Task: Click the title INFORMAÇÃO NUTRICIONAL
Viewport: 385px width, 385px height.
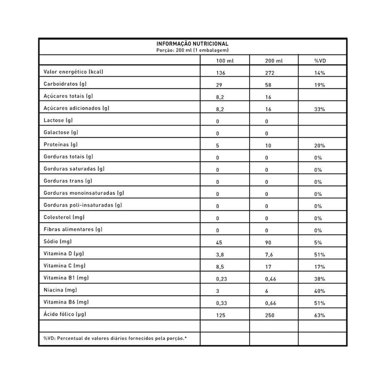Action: (x=193, y=44)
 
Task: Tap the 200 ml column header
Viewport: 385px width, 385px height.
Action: (x=274, y=60)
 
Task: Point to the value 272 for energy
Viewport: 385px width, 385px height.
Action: (x=269, y=73)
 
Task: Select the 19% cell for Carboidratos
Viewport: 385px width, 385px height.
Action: (x=320, y=85)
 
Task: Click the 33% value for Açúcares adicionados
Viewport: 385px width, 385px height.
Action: (x=320, y=109)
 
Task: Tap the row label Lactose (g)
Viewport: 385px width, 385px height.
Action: (x=57, y=120)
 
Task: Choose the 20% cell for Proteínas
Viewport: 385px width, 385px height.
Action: (x=320, y=146)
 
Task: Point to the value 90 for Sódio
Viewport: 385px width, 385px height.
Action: (x=268, y=243)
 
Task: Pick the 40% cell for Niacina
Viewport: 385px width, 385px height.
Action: (x=320, y=291)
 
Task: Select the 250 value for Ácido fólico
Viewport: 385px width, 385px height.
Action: (x=269, y=315)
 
